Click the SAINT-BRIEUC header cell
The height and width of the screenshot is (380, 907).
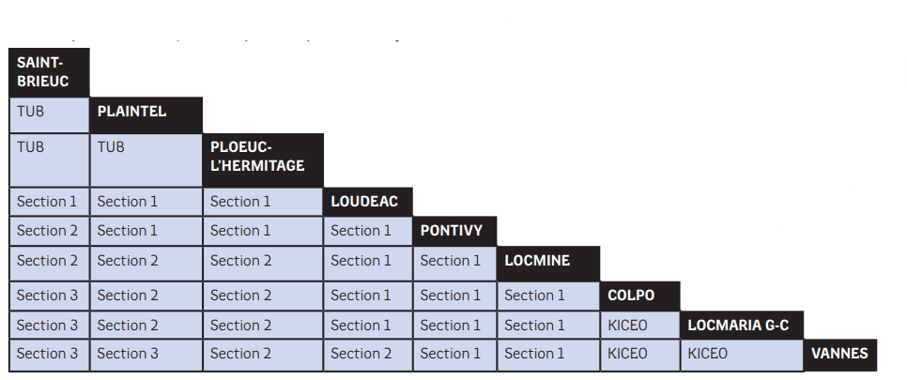(x=49, y=72)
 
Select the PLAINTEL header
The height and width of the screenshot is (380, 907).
(x=146, y=115)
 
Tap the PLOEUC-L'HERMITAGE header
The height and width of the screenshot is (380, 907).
(x=263, y=160)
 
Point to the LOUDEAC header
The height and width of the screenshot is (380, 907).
(x=368, y=202)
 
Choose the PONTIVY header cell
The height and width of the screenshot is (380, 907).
(x=454, y=232)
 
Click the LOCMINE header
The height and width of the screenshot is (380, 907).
(x=548, y=264)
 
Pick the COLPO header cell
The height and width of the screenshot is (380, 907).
(x=639, y=296)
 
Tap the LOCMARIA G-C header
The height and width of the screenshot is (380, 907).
(x=742, y=325)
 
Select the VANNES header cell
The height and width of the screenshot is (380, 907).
(x=840, y=355)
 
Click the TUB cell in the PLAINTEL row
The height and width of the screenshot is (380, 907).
(x=49, y=115)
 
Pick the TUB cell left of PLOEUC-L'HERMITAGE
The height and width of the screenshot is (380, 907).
(x=146, y=160)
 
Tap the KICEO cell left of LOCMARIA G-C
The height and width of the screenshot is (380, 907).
(x=639, y=325)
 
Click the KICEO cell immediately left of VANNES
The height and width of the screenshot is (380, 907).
(x=742, y=355)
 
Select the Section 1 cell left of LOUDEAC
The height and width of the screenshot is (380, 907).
(x=263, y=202)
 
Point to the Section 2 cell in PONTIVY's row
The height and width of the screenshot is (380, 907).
(x=49, y=232)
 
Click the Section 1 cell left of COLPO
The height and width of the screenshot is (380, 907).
(x=548, y=296)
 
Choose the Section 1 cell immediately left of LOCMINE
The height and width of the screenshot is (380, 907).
(x=454, y=264)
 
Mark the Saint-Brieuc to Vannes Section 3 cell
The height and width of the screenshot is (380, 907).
(x=49, y=355)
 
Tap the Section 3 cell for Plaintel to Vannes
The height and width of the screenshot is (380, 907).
(x=146, y=355)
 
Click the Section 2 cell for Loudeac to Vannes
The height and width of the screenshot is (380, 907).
(x=368, y=355)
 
